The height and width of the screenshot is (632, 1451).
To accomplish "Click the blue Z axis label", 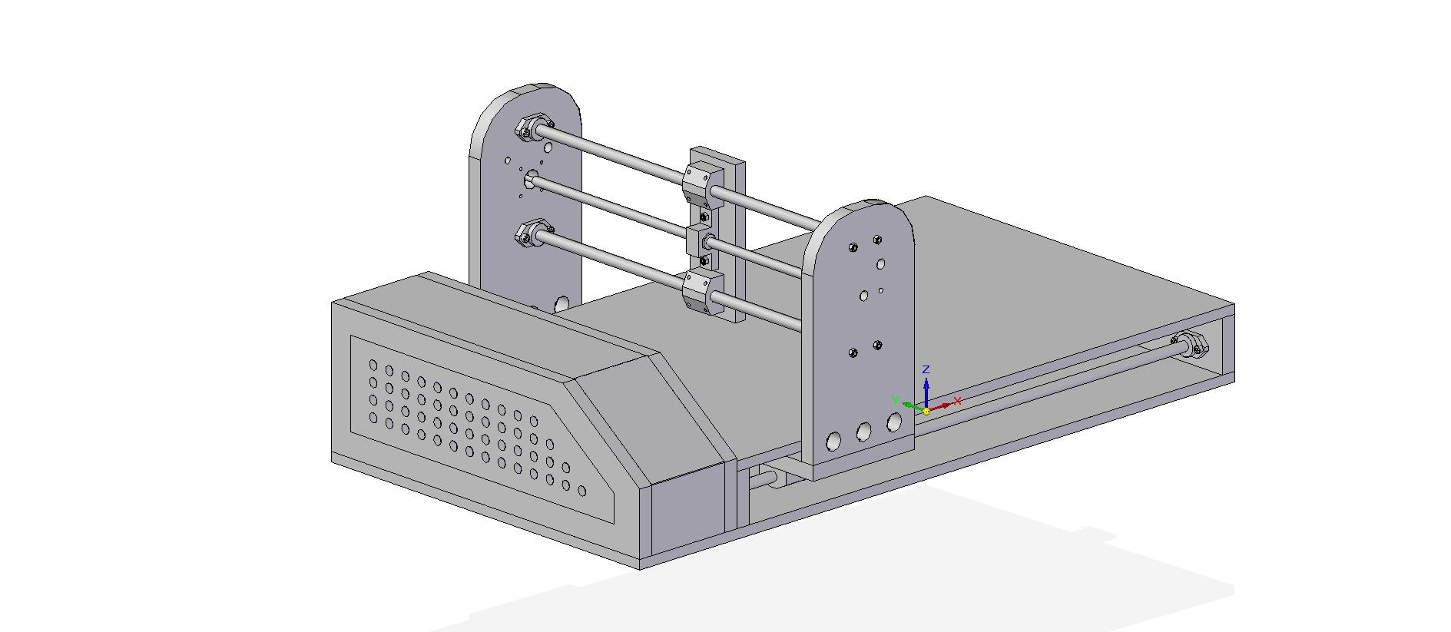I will click(x=926, y=369).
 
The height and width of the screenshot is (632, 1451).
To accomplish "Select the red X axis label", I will click(x=957, y=400).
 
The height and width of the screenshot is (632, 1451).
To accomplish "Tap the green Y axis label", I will click(x=895, y=399).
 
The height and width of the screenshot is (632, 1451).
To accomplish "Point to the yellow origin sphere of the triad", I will click(x=926, y=411).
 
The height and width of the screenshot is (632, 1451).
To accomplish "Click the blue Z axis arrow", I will click(x=926, y=388).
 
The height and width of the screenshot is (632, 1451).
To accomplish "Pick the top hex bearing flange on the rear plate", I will click(x=532, y=127).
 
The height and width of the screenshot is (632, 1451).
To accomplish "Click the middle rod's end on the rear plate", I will click(x=531, y=181).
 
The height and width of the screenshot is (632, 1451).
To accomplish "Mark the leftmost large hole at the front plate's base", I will click(x=833, y=441).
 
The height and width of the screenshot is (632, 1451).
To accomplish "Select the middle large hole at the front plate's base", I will click(x=864, y=432).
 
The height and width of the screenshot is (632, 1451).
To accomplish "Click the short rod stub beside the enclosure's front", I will click(x=764, y=480).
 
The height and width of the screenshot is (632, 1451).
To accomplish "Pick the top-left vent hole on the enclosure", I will click(x=373, y=365).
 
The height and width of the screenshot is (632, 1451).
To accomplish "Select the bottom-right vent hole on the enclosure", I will click(x=581, y=491).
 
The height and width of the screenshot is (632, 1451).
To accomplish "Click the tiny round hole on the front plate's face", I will click(x=881, y=290).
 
